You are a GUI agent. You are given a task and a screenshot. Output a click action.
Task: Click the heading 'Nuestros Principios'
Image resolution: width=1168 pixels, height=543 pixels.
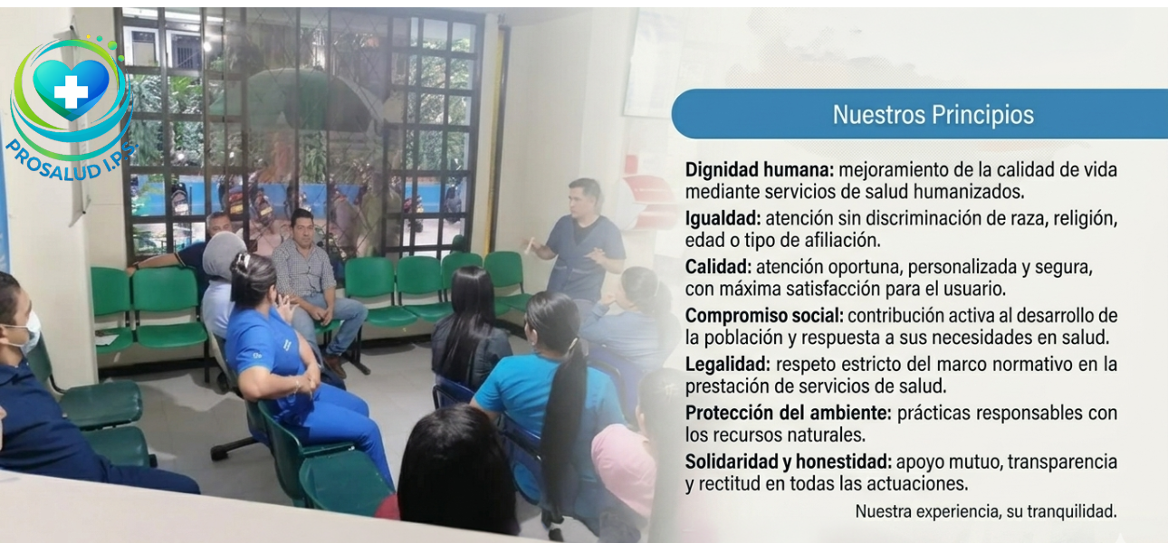pos(933,116)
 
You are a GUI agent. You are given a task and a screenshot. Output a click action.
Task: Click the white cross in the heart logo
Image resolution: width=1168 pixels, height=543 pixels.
pos(70,92)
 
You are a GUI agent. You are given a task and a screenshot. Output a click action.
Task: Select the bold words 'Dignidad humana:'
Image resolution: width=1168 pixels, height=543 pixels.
pos(760,169)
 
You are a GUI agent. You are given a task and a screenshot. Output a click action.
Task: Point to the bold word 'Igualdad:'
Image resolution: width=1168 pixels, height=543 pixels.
pos(722,218)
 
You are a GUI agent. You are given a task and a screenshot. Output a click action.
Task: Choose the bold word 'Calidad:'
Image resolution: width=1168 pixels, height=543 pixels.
pos(718,267)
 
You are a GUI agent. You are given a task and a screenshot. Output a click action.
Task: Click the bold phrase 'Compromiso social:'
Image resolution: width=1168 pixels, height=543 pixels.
pos(764,316)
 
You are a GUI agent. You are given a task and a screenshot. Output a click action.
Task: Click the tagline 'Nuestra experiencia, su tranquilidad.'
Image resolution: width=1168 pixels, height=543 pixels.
pos(985,511)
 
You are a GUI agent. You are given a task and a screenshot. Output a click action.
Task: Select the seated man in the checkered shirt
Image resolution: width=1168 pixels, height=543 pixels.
pos(309,276)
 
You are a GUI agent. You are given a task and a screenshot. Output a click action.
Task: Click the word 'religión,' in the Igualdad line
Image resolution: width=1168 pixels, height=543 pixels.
pos(1082,219)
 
